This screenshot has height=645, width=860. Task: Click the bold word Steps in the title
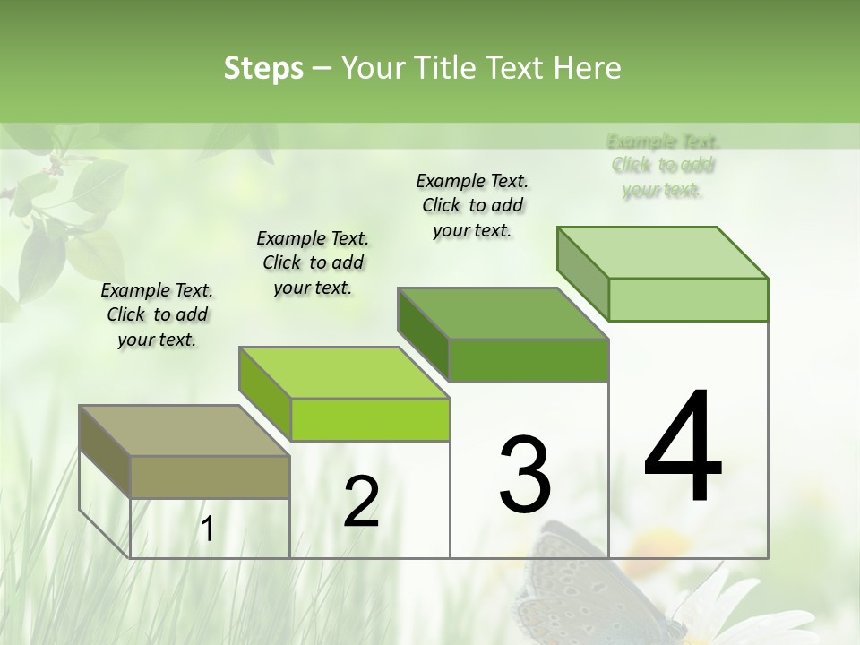click(262, 68)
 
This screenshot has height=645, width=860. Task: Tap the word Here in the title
click(587, 68)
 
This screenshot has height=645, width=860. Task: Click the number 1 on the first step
click(208, 529)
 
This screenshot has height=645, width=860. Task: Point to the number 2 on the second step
click(361, 502)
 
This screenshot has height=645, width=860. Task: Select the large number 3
click(525, 475)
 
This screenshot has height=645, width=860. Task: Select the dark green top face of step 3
click(503, 314)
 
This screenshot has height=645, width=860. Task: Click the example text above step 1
click(157, 314)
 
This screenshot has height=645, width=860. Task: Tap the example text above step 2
click(313, 262)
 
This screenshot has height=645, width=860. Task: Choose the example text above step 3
click(472, 205)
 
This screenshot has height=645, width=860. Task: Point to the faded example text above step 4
click(663, 165)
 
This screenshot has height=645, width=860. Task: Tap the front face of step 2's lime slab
click(370, 419)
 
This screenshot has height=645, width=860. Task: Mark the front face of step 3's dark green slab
click(529, 360)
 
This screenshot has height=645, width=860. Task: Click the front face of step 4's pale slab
click(688, 299)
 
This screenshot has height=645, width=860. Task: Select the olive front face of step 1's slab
click(211, 477)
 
